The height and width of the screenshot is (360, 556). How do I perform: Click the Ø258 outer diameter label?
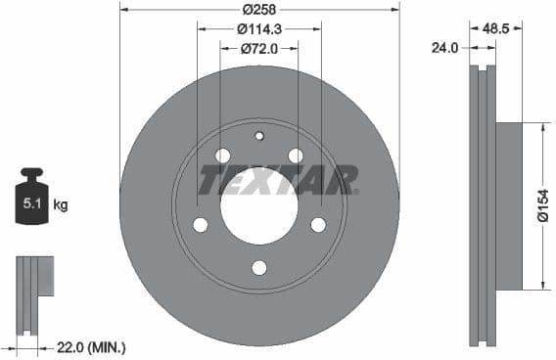258,9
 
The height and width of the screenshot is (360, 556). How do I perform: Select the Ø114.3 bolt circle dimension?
259,29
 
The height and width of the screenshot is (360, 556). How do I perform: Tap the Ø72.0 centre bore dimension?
259,48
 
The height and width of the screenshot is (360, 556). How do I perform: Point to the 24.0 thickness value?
446,46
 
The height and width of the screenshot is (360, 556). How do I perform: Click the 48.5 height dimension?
495,29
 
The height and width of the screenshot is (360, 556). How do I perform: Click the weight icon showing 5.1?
31,202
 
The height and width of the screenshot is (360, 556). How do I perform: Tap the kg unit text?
61,205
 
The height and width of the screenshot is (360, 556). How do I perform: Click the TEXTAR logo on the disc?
278,180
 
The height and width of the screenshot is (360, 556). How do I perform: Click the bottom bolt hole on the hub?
258,267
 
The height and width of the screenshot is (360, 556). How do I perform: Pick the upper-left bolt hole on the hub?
222,156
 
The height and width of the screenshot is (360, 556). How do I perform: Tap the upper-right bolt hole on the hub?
296,156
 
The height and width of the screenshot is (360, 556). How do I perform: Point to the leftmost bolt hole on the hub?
200,225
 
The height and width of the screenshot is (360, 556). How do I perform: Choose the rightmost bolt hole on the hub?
318,225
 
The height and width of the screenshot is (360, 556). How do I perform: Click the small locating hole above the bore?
259,136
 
